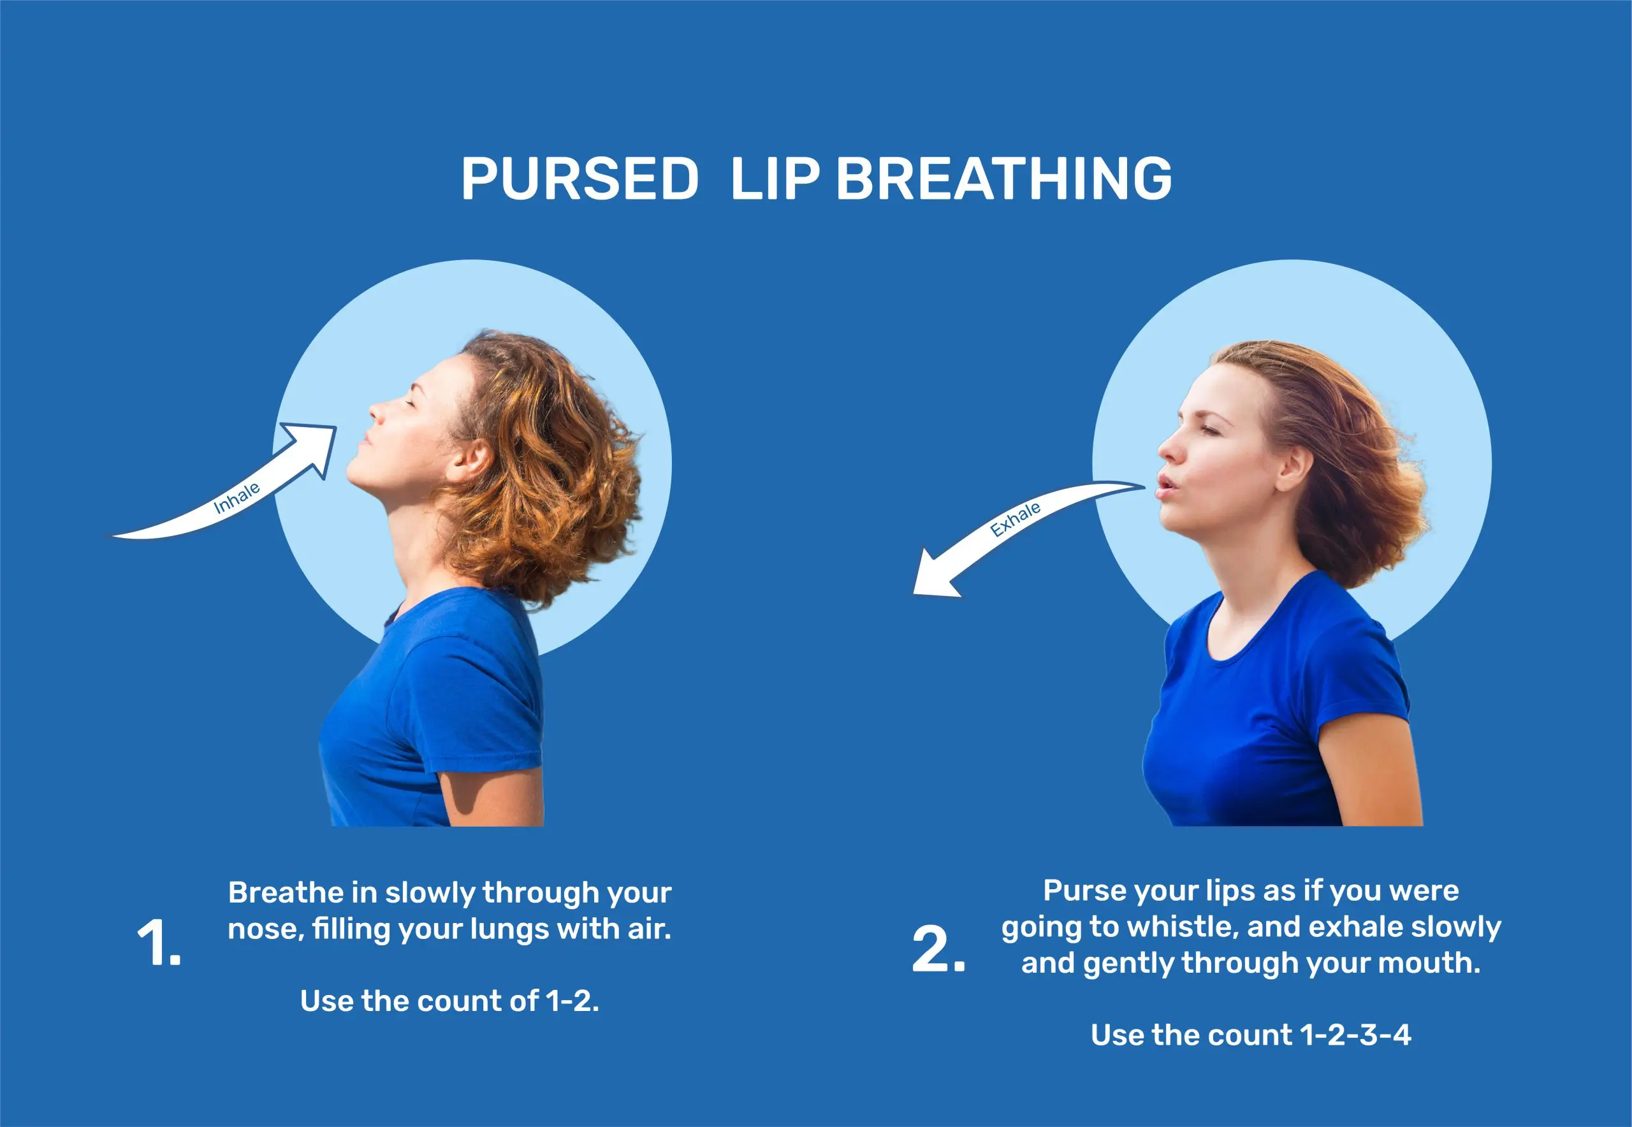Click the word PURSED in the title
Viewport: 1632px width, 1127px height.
[x=579, y=178]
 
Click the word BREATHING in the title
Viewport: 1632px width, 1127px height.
[x=1003, y=178]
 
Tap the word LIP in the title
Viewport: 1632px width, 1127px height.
[x=775, y=178]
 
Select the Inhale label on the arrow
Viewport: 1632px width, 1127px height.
[x=237, y=498]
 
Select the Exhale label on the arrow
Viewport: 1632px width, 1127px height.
[x=1015, y=520]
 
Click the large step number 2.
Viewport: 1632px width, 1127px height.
[x=938, y=949]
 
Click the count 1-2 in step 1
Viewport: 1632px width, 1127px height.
[x=572, y=1001]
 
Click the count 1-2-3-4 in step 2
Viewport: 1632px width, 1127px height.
[x=1356, y=1035]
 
